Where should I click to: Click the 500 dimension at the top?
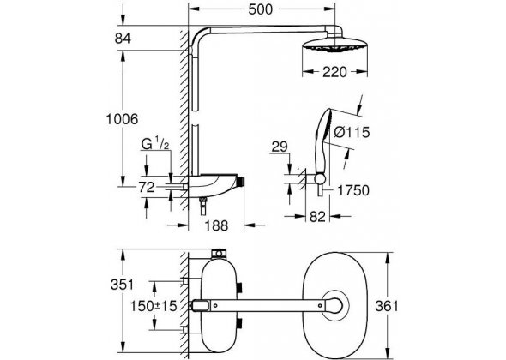[x=261, y=9]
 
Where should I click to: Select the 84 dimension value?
[x=123, y=39]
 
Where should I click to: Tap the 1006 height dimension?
[x=123, y=119]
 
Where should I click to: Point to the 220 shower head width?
[x=334, y=72]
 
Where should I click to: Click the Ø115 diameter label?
[x=352, y=132]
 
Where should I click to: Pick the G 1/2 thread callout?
[x=155, y=144]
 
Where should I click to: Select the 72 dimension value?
[x=147, y=187]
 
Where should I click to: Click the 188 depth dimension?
[x=216, y=225]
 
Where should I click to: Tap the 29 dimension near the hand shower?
[x=280, y=147]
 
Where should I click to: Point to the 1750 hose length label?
[x=353, y=190]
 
